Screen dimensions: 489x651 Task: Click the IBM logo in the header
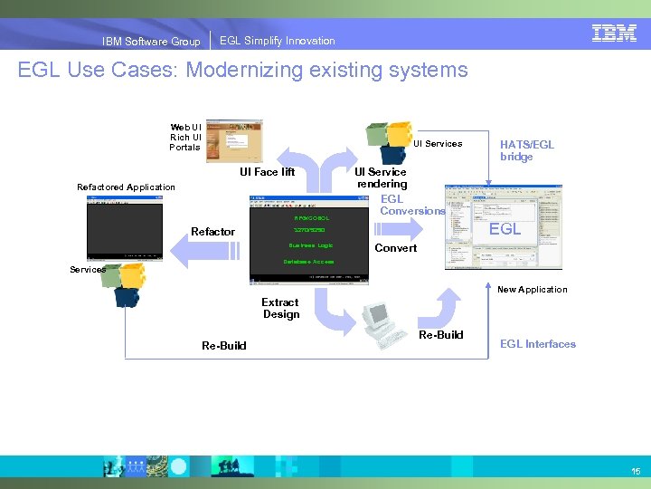(x=615, y=34)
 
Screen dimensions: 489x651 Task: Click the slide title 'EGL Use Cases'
(x=242, y=70)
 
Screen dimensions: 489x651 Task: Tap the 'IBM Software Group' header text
(x=151, y=41)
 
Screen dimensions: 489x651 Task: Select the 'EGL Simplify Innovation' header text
(x=277, y=41)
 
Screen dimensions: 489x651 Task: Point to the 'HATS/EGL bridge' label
(x=526, y=150)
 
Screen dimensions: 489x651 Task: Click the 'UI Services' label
(x=438, y=143)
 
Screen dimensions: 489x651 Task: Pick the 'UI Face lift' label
(x=267, y=172)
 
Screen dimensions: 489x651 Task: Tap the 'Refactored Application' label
(x=126, y=187)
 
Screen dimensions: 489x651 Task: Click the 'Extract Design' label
(x=280, y=309)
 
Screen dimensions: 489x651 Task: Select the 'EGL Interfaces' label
(x=537, y=344)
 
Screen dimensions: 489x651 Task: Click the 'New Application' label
(x=533, y=290)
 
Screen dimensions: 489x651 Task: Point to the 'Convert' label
(x=396, y=248)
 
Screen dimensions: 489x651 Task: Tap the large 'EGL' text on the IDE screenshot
(x=505, y=229)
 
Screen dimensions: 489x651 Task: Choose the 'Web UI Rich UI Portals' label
(x=184, y=137)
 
